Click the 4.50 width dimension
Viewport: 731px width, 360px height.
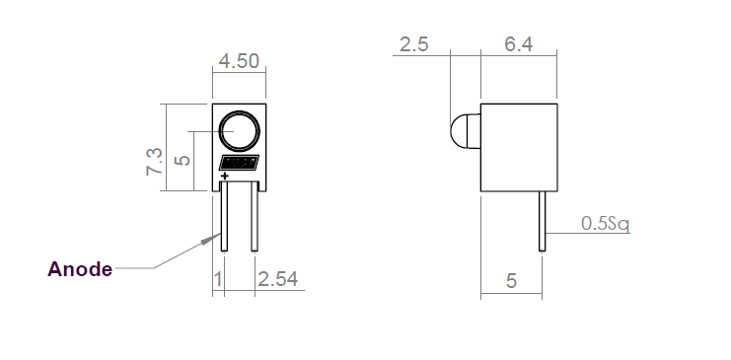point(239,61)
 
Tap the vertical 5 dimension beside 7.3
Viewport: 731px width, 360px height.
point(181,160)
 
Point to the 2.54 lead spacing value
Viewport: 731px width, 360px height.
point(278,280)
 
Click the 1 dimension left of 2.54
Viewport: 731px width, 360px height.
point(218,280)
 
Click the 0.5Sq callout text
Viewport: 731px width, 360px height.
point(605,224)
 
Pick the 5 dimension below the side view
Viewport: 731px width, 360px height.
point(511,281)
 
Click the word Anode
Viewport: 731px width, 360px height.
point(80,269)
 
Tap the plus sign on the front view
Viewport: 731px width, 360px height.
point(226,177)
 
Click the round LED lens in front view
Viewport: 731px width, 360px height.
point(239,131)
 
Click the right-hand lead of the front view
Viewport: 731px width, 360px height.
point(256,222)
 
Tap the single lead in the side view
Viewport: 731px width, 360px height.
point(542,222)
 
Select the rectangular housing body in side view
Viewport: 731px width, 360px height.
point(519,147)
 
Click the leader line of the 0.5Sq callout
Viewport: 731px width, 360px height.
point(562,234)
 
